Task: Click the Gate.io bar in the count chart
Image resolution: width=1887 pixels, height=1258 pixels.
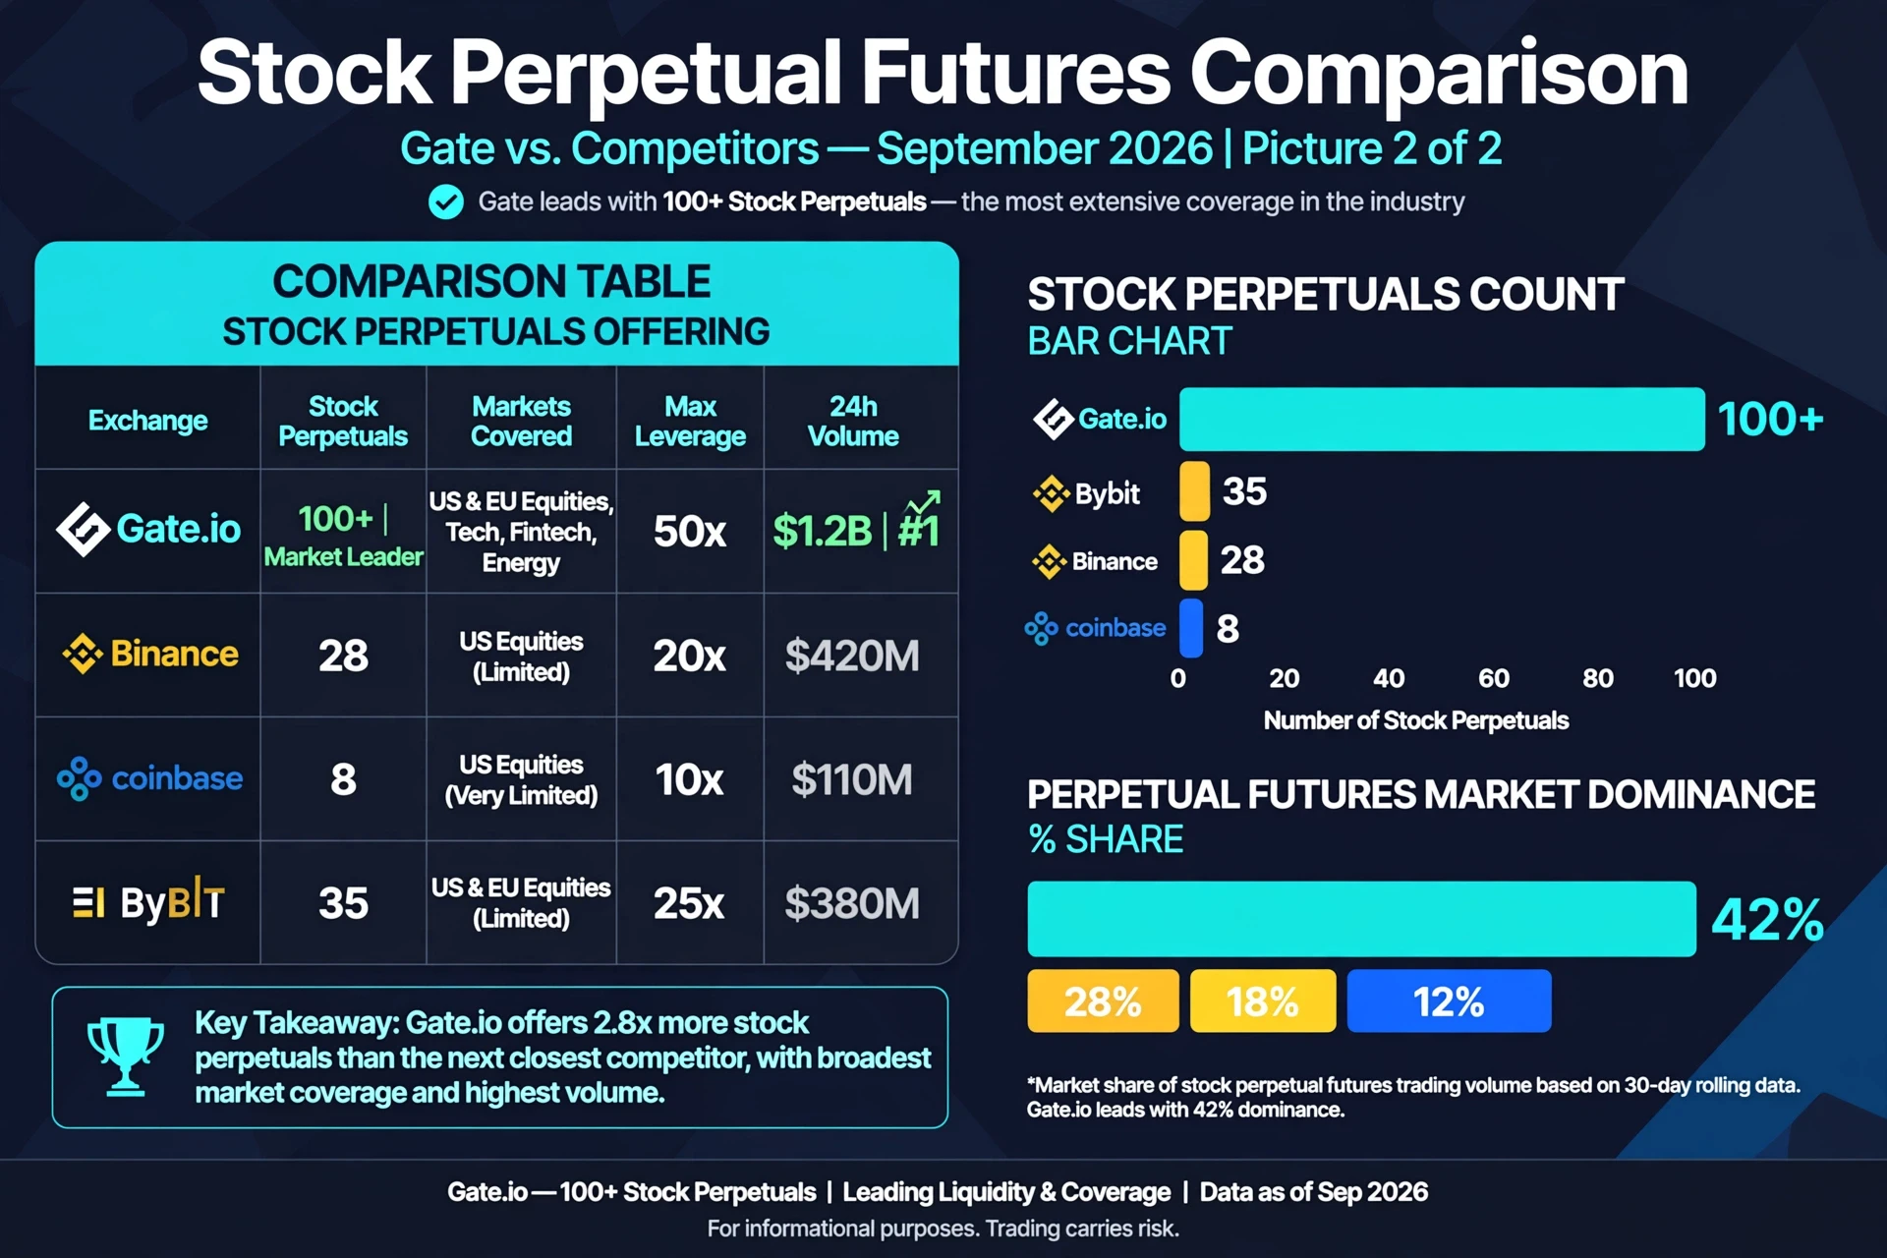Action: (x=1442, y=420)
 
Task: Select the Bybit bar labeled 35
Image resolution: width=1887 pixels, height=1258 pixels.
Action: (x=1194, y=490)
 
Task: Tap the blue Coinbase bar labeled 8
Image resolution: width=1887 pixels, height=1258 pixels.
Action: (x=1191, y=628)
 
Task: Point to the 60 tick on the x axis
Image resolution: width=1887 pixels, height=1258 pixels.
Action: (x=1494, y=678)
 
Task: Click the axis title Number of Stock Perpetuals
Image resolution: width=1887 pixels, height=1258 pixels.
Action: (x=1416, y=720)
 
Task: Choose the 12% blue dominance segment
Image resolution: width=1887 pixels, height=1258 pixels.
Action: (x=1449, y=1001)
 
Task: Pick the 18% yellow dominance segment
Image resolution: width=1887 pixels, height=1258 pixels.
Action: (x=1263, y=1001)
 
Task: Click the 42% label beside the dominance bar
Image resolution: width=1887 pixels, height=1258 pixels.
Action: (x=1767, y=920)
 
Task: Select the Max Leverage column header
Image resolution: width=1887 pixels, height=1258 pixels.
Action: (x=690, y=421)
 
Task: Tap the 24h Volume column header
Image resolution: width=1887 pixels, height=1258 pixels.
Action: (x=853, y=421)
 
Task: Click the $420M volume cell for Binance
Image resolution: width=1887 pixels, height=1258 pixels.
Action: (x=852, y=656)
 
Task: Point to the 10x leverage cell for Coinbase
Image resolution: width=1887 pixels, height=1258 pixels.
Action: (x=689, y=779)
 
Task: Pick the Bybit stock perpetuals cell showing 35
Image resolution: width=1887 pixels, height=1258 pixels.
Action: (x=343, y=903)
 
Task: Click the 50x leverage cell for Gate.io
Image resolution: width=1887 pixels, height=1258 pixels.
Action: (x=690, y=532)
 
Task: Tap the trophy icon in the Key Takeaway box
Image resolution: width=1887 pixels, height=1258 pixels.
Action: (x=126, y=1057)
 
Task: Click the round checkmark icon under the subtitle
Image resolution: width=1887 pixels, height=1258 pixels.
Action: (x=446, y=201)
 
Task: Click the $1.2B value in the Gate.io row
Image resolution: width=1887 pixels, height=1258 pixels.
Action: (x=823, y=532)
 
